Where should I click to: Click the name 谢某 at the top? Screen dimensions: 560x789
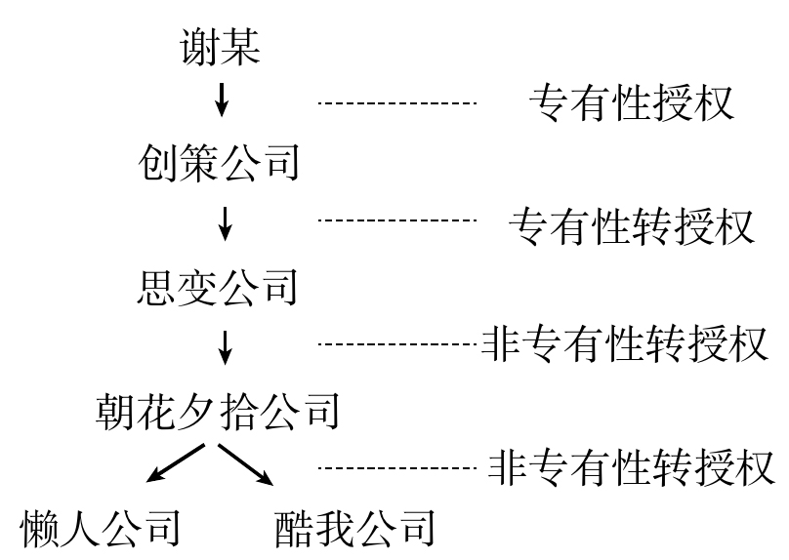pos(221,49)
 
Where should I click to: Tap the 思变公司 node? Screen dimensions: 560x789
pos(219,289)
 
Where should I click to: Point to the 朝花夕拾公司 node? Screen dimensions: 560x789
pos(218,412)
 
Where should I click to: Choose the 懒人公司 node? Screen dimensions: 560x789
pos(102,529)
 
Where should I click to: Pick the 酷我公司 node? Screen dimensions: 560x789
pos(354,529)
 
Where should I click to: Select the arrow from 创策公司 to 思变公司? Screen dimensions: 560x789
pos(226,223)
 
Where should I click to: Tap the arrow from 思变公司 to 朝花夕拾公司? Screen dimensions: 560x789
pos(226,346)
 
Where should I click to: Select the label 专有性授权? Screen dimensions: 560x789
pos(630,102)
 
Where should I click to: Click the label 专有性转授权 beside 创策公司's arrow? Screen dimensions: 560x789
pos(631,226)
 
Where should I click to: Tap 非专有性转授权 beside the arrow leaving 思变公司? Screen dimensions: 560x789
pos(625,343)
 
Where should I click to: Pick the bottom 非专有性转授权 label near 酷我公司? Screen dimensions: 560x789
pos(631,467)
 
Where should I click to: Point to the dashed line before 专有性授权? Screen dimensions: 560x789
pos(396,102)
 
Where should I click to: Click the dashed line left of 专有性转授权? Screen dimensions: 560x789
pos(396,220)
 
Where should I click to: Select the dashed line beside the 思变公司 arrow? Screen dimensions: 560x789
pos(396,343)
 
